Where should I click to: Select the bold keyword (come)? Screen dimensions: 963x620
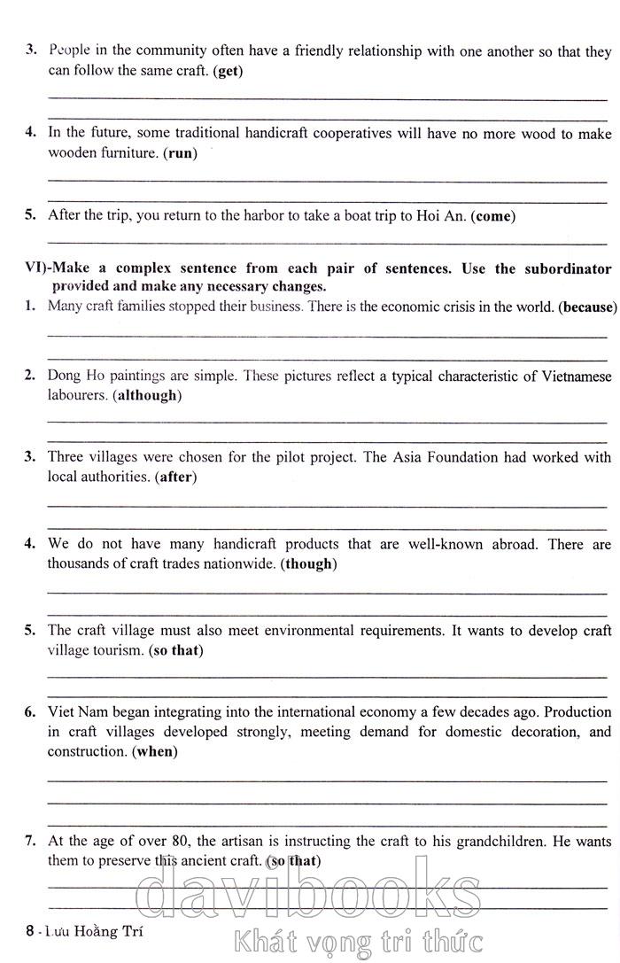[493, 216]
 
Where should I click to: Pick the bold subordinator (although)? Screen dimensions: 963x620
[147, 395]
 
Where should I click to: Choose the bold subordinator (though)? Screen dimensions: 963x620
[308, 563]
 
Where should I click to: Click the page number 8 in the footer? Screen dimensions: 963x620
[31, 931]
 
